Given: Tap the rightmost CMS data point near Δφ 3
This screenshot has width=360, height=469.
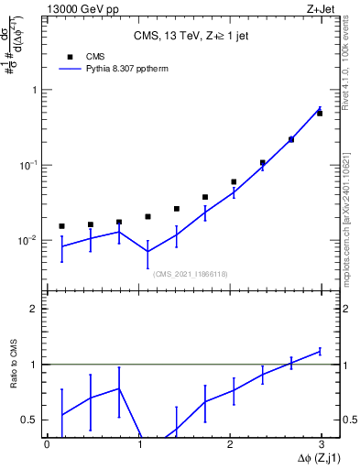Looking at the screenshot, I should (320, 114).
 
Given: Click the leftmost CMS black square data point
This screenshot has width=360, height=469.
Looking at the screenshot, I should (61, 225).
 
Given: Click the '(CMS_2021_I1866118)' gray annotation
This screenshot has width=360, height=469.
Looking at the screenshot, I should (190, 273).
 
